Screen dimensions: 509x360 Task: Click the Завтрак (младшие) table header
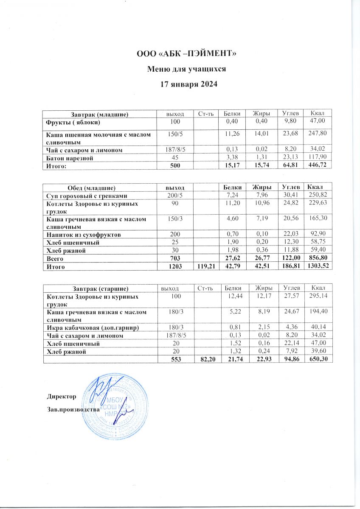coord(98,114)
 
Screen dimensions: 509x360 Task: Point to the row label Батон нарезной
coord(70,158)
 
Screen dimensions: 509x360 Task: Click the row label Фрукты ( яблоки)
coord(73,123)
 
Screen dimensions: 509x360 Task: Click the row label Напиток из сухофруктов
coord(84,235)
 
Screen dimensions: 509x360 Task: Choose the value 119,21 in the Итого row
coord(206,266)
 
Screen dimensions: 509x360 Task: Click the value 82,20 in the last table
coord(208,359)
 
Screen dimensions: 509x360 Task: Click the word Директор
coord(61,397)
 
